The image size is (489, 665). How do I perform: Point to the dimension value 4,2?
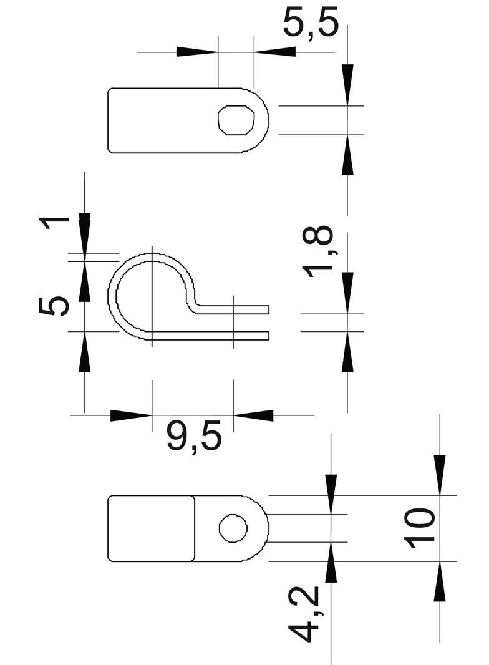coord(304,614)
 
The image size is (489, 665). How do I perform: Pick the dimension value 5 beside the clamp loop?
coord(54,306)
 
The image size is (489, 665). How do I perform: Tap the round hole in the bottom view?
coord(233,528)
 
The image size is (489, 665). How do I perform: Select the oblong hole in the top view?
coord(236,120)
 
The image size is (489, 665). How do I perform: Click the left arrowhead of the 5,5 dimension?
coord(197,51)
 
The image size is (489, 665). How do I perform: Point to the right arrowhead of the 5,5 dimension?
coord(274,51)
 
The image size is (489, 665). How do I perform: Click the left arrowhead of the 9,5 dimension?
coord(131,415)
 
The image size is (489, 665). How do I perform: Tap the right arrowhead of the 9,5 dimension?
coord(254,415)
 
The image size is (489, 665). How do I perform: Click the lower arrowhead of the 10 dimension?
coord(439,581)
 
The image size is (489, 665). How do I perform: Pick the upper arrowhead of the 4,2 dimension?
coord(331,494)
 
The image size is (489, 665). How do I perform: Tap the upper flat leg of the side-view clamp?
coord(233,309)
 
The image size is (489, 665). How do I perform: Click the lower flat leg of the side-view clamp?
coord(210,336)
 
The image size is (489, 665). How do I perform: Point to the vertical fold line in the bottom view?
coord(195,528)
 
